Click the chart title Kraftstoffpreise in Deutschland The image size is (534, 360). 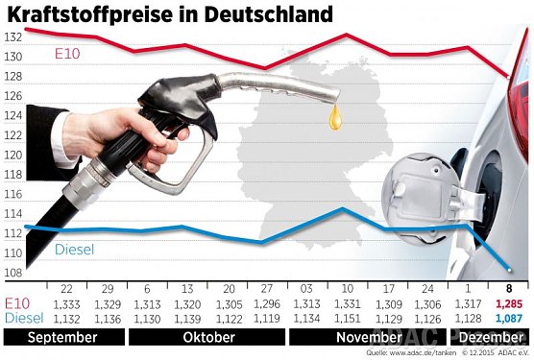pos(170,14)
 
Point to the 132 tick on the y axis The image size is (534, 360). pos(12,36)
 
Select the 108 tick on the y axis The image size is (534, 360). pos(12,273)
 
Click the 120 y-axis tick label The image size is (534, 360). pos(12,155)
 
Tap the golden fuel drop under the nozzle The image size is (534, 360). pos(335,118)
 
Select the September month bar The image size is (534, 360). pos(62,338)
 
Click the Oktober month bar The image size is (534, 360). pos(207,338)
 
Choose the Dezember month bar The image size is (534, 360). pos(492,338)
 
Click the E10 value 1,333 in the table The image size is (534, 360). pos(67,304)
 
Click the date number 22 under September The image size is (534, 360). pos(67,289)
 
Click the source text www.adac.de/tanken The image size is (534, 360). pos(413,354)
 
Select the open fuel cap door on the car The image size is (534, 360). pos(423,190)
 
